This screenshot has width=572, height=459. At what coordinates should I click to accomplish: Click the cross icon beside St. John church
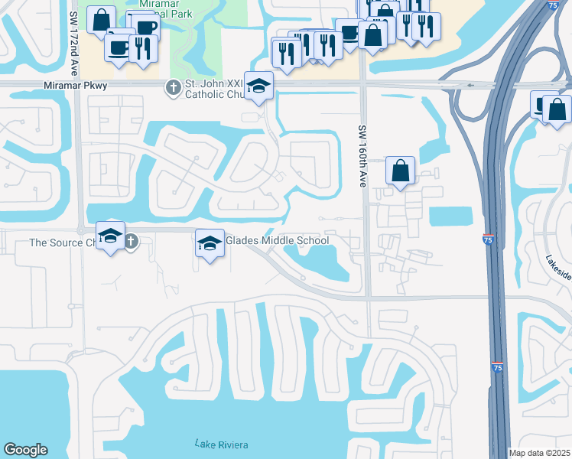click(x=174, y=89)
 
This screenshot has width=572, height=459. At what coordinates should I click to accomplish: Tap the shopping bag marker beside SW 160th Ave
click(x=401, y=171)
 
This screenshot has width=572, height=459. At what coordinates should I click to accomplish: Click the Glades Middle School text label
click(x=277, y=240)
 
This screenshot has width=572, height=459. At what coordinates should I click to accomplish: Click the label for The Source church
click(x=61, y=243)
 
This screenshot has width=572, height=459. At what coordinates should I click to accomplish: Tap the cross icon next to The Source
click(x=131, y=243)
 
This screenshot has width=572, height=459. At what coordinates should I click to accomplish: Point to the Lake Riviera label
click(x=221, y=444)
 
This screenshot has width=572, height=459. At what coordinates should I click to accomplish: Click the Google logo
click(x=25, y=450)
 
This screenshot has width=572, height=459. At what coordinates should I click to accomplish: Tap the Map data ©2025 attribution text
click(x=539, y=453)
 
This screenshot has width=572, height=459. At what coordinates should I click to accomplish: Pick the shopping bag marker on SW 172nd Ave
click(x=101, y=20)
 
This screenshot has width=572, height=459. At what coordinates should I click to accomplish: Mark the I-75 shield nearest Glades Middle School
click(x=488, y=240)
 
